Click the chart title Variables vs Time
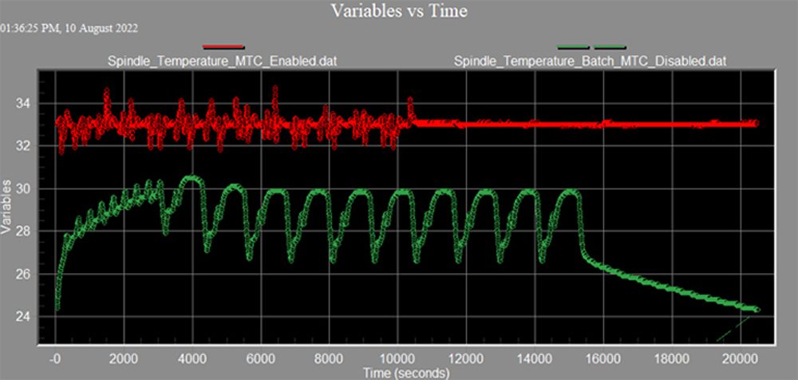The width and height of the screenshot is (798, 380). pyautogui.click(x=400, y=10)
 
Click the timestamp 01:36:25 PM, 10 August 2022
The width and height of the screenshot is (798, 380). pyautogui.click(x=69, y=29)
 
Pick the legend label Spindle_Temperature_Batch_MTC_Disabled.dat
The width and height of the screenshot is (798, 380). pyautogui.click(x=590, y=60)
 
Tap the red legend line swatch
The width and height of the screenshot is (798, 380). pyautogui.click(x=223, y=46)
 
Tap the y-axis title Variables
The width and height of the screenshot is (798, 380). pyautogui.click(x=8, y=211)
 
